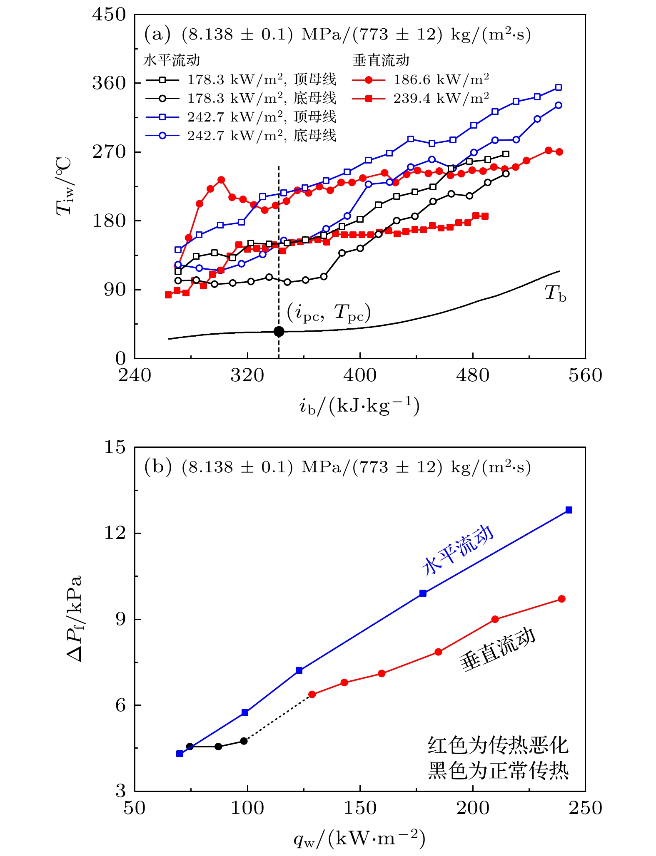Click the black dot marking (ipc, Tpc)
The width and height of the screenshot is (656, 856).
279,331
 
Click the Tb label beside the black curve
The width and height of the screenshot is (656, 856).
555,293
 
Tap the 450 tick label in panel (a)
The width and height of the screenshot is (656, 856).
109,15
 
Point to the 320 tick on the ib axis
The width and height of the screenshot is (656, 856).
247,375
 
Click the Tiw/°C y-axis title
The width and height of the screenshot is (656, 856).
65,186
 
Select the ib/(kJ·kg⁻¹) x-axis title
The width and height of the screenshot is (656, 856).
359,406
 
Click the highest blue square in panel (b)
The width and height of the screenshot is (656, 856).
569,510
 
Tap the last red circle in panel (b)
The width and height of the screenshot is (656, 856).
561,599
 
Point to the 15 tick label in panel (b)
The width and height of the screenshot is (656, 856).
115,447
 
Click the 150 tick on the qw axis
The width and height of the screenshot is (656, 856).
360,808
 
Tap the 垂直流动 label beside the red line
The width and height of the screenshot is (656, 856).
496,649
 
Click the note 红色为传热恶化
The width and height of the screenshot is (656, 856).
498,745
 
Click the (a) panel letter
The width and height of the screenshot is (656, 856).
157,34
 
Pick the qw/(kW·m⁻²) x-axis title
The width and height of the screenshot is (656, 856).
359,839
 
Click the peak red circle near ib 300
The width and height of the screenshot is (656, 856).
221,180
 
